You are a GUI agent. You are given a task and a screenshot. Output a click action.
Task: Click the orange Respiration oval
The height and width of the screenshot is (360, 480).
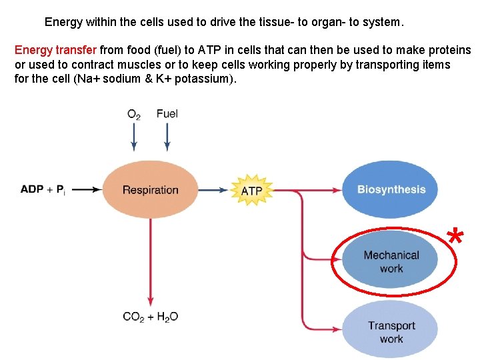click(x=150, y=190)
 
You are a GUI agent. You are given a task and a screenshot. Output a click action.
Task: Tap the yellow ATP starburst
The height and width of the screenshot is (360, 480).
click(x=251, y=191)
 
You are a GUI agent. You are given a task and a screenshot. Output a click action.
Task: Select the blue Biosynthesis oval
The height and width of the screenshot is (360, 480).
click(x=391, y=189)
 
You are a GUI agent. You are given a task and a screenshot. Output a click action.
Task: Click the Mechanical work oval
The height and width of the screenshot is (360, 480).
click(x=391, y=261)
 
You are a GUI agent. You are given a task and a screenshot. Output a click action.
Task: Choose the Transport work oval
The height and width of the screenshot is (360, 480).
click(x=391, y=331)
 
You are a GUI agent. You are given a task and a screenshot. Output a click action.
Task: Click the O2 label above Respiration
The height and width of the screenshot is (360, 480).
click(x=134, y=114)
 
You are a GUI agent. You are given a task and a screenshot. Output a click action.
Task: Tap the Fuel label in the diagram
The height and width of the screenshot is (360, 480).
click(x=167, y=113)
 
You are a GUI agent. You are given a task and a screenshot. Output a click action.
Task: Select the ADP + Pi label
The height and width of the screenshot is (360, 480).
click(x=43, y=190)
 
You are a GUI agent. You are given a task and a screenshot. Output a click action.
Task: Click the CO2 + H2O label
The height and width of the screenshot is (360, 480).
click(x=151, y=317)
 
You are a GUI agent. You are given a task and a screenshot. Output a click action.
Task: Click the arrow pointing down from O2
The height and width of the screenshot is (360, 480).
click(x=134, y=138)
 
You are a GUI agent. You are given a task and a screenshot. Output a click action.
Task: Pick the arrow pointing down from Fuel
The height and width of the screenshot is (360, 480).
click(x=167, y=138)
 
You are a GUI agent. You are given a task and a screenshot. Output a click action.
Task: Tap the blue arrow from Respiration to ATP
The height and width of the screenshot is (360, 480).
click(x=215, y=190)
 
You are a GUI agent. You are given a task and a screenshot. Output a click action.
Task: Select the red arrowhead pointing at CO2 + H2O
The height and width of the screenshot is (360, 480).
click(x=151, y=301)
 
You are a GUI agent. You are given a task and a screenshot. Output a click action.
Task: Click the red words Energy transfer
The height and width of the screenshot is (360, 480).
click(x=56, y=51)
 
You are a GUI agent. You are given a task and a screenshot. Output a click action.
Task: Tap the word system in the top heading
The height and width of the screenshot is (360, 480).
click(x=382, y=22)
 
